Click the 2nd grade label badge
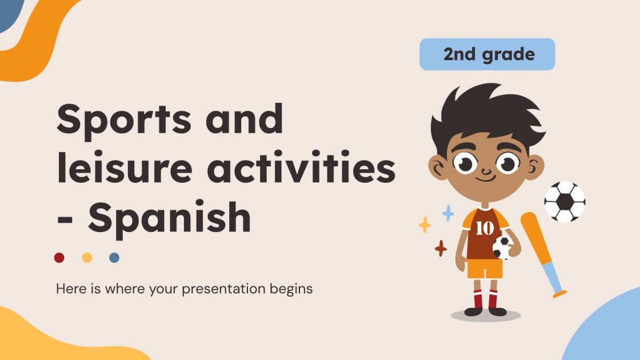tap(487, 55)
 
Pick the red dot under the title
tap(59, 258)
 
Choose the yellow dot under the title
tap(87, 258)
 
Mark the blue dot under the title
tap(114, 258)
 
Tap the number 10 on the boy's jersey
tap(484, 229)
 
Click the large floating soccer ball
tap(565, 202)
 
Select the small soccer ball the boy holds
tap(502, 247)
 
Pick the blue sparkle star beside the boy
tap(449, 213)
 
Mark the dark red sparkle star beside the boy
tap(441, 248)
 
